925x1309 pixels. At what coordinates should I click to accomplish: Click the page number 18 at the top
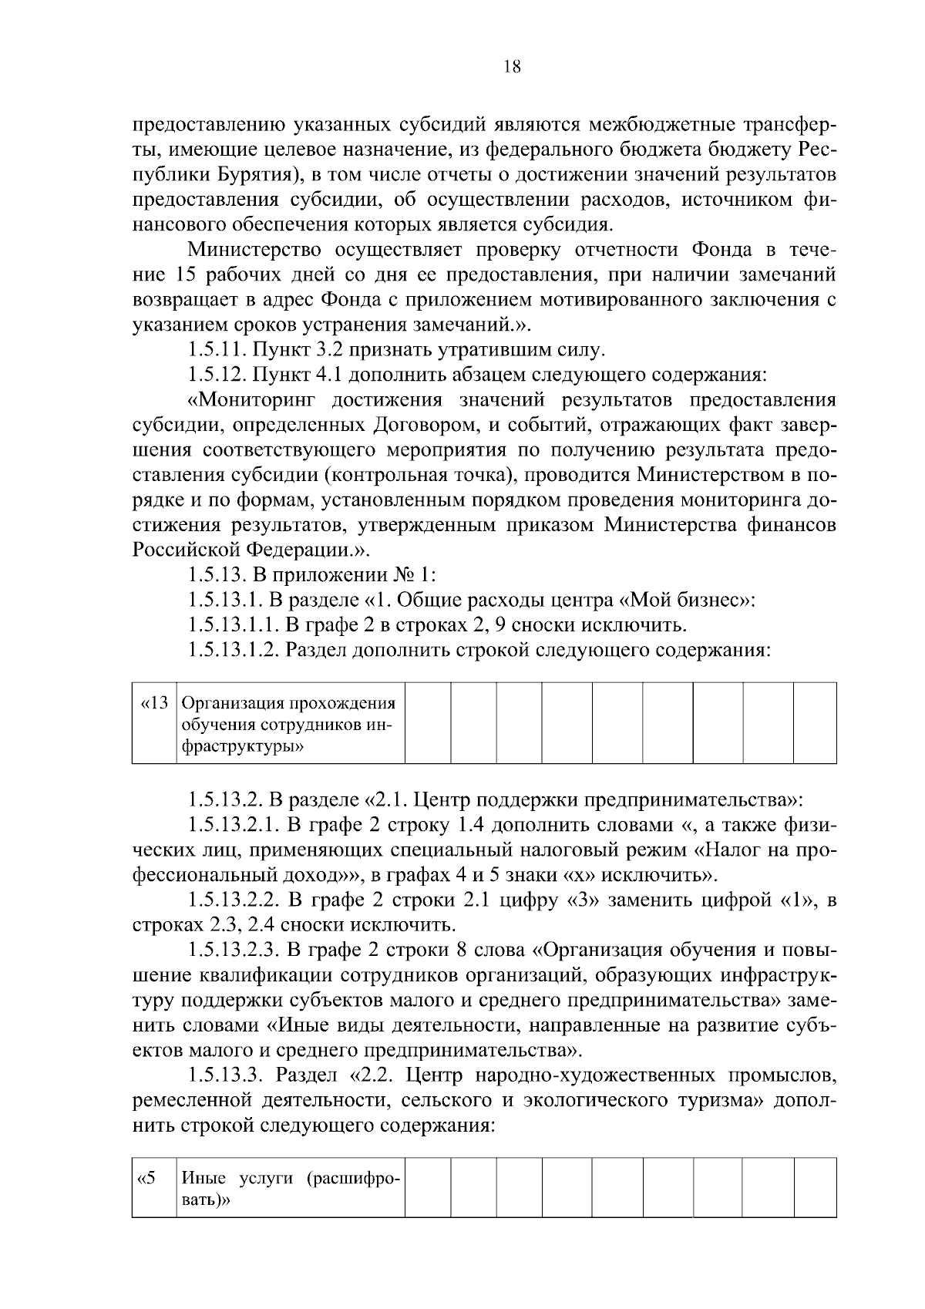pyautogui.click(x=513, y=66)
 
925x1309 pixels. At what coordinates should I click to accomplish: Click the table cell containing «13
pyautogui.click(x=154, y=722)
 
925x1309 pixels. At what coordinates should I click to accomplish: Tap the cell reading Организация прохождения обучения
pyautogui.click(x=289, y=723)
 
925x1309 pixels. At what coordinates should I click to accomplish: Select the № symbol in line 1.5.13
pyautogui.click(x=402, y=575)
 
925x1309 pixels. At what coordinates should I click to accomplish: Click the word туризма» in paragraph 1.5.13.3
pyautogui.click(x=708, y=1099)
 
